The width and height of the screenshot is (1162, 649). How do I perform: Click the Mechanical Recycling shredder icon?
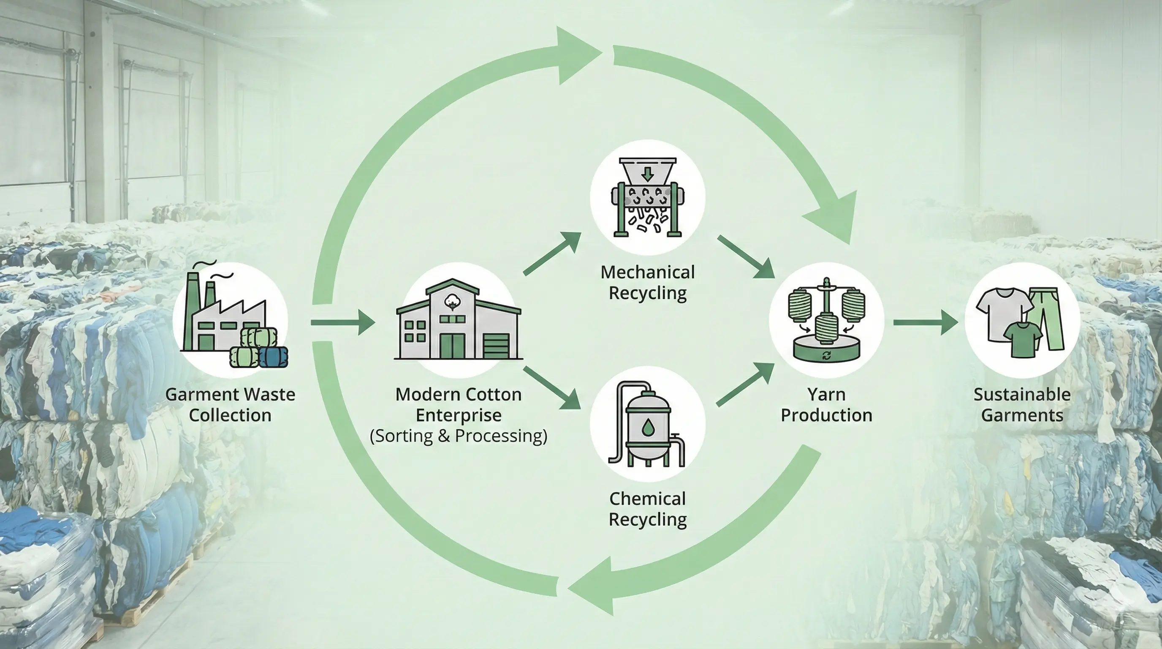click(648, 198)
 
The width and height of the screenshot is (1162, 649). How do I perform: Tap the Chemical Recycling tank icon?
click(648, 424)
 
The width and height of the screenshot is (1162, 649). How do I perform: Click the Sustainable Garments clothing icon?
click(1022, 320)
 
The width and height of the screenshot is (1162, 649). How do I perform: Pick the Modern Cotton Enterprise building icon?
click(458, 320)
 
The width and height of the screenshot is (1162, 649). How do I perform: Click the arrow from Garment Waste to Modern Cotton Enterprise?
click(343, 322)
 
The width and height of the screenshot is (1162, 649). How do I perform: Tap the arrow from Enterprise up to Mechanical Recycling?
click(552, 254)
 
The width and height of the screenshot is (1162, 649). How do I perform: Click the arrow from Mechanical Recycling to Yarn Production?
click(746, 256)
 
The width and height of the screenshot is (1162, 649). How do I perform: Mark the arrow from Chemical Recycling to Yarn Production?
click(745, 384)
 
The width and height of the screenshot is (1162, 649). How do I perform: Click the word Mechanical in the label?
click(648, 272)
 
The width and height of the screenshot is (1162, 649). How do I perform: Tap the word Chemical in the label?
click(648, 499)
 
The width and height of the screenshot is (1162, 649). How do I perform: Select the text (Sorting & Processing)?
click(458, 436)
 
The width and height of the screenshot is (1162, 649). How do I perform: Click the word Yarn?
click(826, 395)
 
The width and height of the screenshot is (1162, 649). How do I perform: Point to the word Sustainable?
click(1022, 395)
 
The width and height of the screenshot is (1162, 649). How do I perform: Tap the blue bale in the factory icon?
click(273, 357)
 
